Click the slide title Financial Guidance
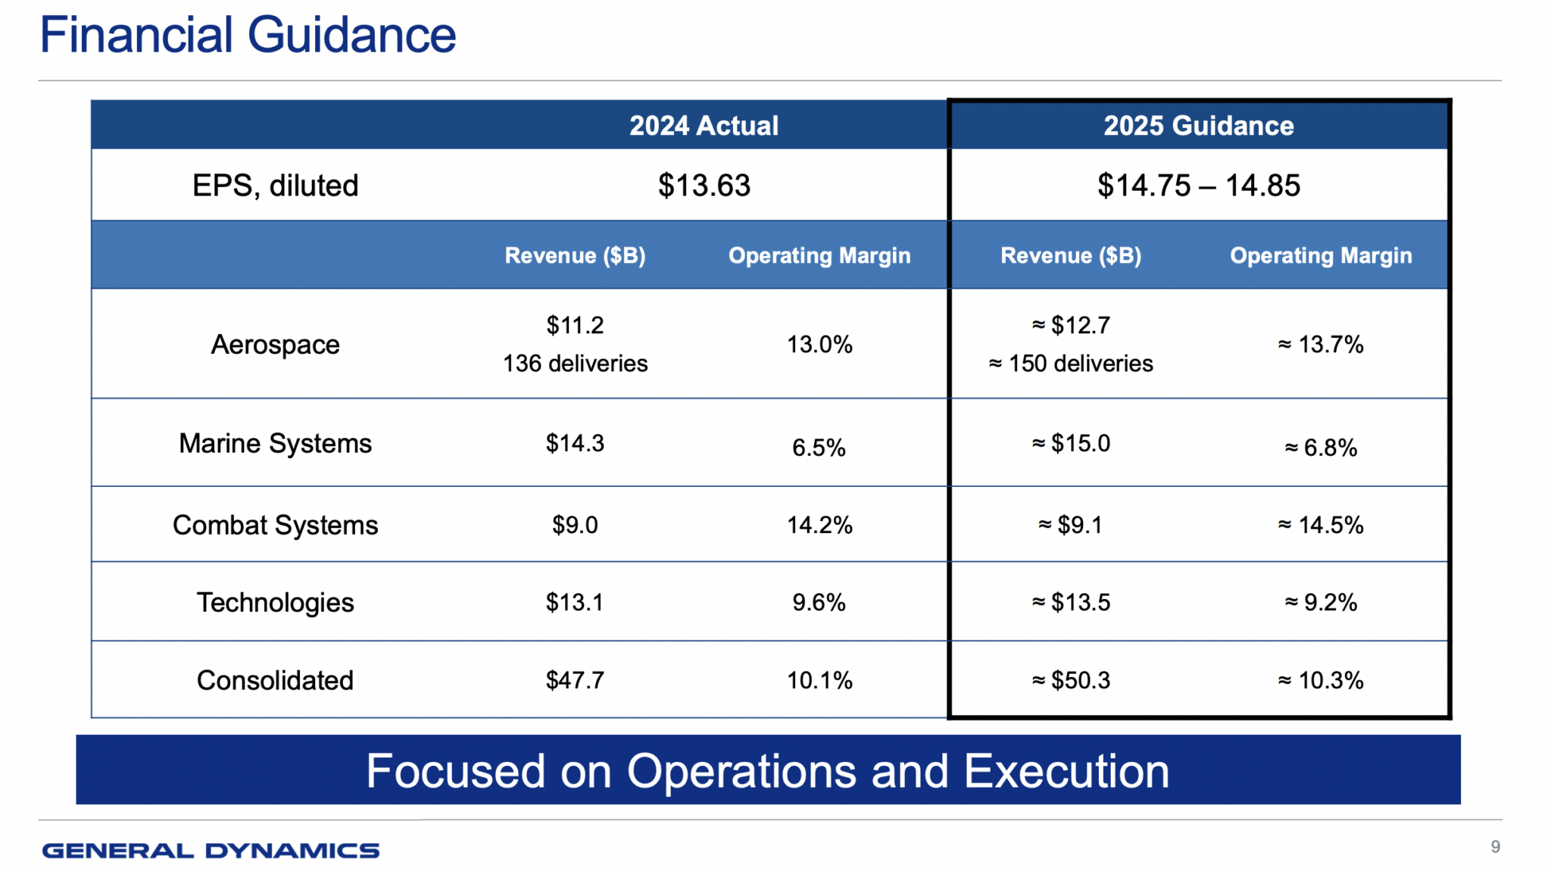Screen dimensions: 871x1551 [x=248, y=35]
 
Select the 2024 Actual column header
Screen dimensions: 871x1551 [x=704, y=126]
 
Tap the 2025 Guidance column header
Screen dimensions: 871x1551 [x=1198, y=126]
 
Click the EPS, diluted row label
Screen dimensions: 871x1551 [x=275, y=186]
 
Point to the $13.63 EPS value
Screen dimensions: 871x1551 [x=704, y=186]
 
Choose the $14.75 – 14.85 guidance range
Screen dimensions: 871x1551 [x=1198, y=186]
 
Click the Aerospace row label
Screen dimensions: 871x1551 [x=275, y=345]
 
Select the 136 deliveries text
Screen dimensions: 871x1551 [x=575, y=364]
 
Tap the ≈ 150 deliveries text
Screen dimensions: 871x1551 [x=1070, y=364]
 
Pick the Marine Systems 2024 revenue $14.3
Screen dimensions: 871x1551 [x=575, y=443]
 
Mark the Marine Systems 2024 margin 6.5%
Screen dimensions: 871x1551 [x=819, y=448]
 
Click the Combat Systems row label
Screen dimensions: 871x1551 [x=275, y=525]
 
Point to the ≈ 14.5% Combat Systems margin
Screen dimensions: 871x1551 [x=1321, y=525]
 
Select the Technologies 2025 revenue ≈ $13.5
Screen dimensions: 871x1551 [x=1070, y=602]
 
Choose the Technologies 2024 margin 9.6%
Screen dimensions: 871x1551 [x=819, y=602]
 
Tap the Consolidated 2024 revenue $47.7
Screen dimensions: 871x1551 [x=575, y=680]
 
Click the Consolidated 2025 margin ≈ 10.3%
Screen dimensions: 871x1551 [x=1321, y=680]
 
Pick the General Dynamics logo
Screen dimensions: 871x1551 [x=211, y=851]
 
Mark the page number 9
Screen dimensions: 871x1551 [x=1495, y=847]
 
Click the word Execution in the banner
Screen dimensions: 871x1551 [x=1066, y=771]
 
